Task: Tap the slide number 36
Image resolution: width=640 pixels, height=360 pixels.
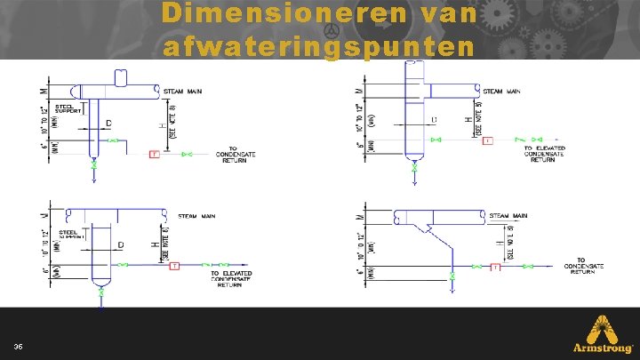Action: pos(19,346)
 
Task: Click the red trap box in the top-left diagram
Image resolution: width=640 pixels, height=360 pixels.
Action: pos(154,155)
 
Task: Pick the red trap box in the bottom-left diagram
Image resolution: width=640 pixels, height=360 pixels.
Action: pos(174,265)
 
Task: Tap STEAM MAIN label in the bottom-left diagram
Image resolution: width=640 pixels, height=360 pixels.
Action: pos(196,214)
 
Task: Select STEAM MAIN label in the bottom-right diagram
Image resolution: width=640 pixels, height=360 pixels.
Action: pos(508,215)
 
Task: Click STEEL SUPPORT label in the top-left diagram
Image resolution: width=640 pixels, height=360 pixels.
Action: pos(69,109)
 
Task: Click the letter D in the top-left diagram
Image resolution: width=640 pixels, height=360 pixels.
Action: pos(108,122)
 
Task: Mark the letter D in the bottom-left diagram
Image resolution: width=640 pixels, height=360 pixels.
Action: pos(121,244)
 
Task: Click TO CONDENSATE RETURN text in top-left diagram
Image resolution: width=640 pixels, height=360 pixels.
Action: pos(236,155)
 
